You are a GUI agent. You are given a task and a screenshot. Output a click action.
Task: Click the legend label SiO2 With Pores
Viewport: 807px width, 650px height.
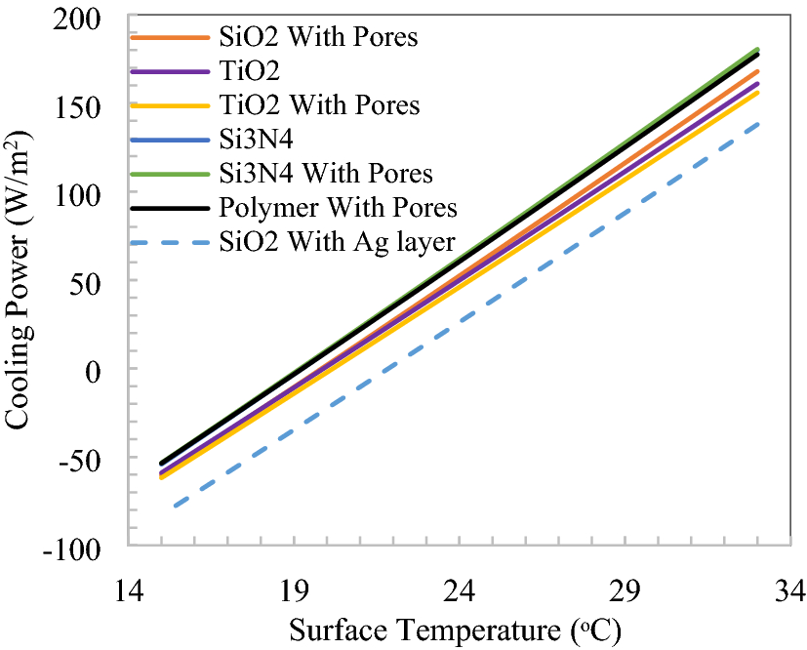click(x=319, y=38)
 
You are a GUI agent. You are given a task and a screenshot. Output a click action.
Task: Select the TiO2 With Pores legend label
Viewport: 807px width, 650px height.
click(x=319, y=104)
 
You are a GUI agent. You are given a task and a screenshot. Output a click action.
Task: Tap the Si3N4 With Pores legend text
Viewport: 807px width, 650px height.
click(x=326, y=173)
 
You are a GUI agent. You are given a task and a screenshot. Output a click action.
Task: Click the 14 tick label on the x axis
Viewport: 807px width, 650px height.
click(x=130, y=590)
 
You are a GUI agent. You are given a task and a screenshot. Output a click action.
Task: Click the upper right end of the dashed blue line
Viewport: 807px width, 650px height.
click(x=757, y=124)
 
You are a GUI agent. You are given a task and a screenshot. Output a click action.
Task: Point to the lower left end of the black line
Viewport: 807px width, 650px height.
click(x=161, y=464)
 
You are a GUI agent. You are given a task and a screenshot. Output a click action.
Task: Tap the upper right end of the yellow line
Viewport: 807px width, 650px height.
click(x=757, y=92)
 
